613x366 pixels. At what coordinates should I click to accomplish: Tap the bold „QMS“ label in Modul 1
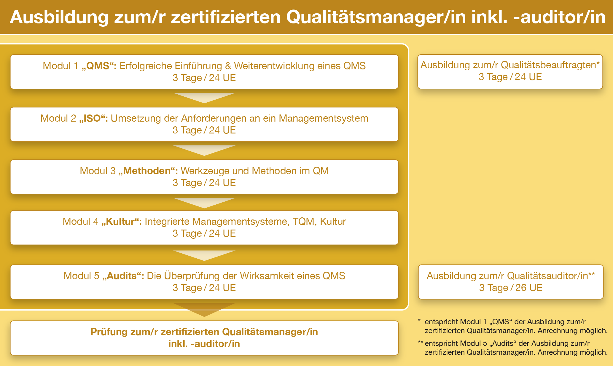[99, 66]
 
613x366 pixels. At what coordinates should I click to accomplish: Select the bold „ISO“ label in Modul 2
[93, 118]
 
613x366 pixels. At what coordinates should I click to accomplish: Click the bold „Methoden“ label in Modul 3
[148, 171]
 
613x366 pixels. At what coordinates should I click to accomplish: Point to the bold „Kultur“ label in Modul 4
[122, 221]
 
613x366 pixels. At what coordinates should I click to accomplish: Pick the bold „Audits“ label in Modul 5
[123, 276]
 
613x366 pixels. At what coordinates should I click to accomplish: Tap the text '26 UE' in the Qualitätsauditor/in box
[529, 287]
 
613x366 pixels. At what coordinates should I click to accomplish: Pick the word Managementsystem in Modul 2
[324, 118]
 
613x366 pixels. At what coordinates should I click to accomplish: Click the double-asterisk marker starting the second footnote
[421, 343]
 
